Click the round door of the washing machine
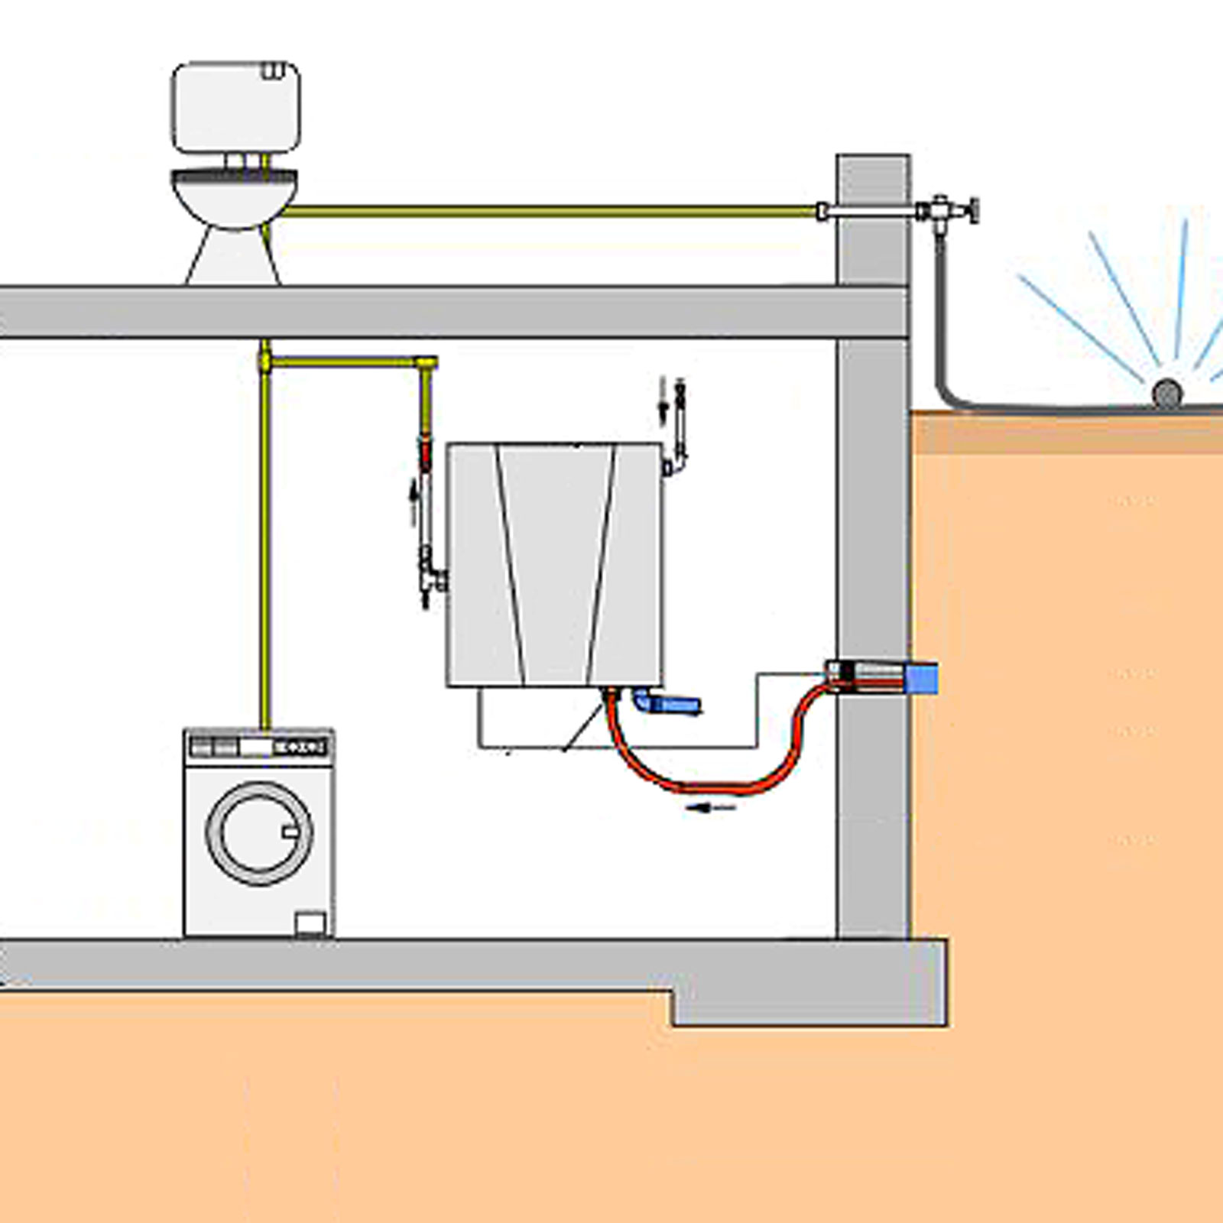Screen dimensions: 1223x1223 (259, 832)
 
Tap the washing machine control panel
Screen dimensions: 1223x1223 (259, 746)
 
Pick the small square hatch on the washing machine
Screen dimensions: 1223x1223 (310, 923)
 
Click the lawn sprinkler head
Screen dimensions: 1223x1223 (1166, 393)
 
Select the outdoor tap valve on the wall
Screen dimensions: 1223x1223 (948, 209)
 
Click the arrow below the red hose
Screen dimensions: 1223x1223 (711, 807)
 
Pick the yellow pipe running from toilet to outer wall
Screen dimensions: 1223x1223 (550, 210)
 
